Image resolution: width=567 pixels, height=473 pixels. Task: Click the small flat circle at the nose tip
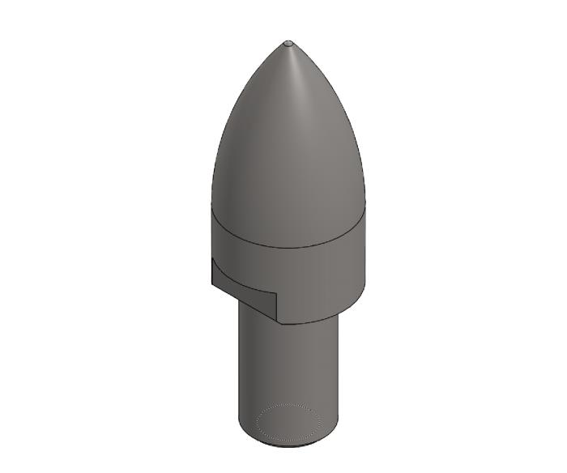(288, 43)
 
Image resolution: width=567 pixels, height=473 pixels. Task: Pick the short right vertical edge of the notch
(277, 308)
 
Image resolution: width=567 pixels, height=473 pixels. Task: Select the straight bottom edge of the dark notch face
(243, 304)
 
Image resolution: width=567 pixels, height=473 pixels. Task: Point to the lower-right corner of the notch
(277, 322)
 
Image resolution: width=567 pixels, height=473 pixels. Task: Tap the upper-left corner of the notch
(212, 258)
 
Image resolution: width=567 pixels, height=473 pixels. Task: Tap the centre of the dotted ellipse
(288, 422)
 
